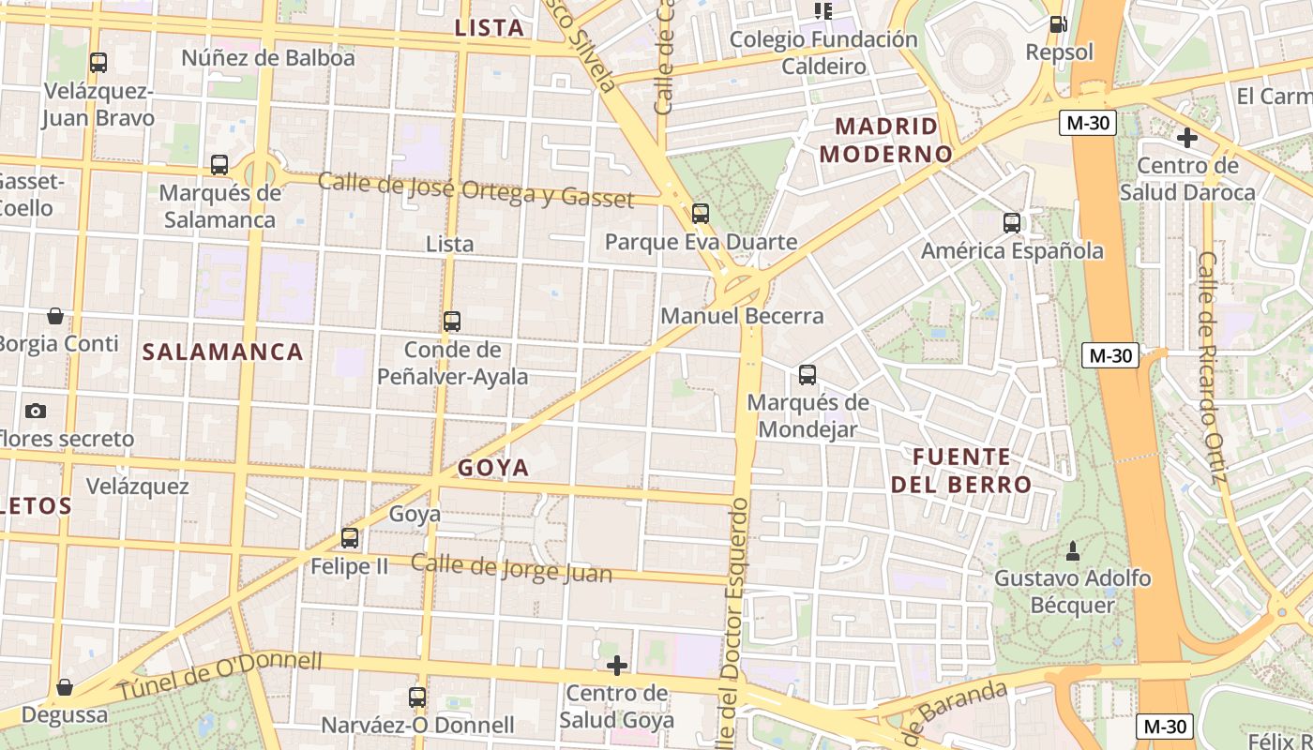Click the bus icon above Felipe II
tap(350, 538)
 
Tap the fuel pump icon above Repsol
tap(1058, 24)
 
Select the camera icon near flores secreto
tap(36, 411)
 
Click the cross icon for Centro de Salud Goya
tap(616, 666)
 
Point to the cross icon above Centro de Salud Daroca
tap(1186, 138)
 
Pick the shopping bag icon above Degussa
tap(64, 687)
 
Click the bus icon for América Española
tap(1011, 223)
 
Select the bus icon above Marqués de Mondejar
tap(807, 375)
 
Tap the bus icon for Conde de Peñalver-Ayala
tap(452, 322)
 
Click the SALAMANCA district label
tap(223, 352)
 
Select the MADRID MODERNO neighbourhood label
tap(886, 140)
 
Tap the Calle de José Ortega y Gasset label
tap(475, 189)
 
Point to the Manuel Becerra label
tap(742, 316)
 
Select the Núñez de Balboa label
tap(268, 58)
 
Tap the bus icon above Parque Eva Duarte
tap(700, 214)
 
